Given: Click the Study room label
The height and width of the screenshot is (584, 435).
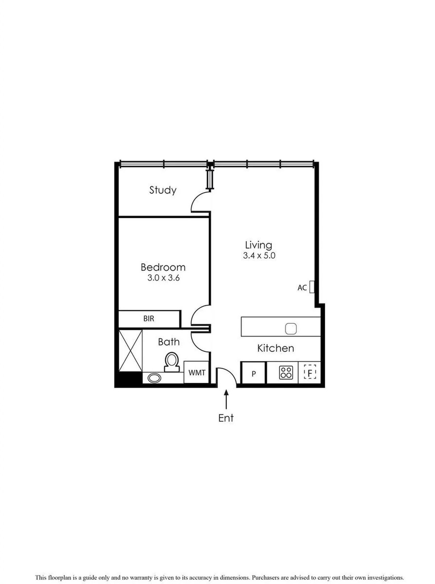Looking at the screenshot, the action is (163, 190).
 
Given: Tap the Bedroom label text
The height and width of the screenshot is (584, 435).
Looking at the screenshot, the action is (163, 267).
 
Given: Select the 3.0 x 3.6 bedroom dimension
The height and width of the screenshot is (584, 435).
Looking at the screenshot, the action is (163, 278).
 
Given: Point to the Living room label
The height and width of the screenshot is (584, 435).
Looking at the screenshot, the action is (258, 245).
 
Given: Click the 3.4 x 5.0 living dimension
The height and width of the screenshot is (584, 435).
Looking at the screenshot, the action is (259, 256).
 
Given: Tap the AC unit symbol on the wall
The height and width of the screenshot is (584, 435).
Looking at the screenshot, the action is (312, 287).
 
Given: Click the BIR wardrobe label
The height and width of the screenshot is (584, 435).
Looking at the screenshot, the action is (149, 319).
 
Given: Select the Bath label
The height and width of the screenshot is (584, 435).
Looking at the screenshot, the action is (169, 342).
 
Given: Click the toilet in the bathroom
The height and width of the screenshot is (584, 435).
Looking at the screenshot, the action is (171, 362).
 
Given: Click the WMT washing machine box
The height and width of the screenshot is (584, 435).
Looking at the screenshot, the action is (196, 373).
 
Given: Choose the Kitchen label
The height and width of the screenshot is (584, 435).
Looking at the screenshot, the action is (275, 348).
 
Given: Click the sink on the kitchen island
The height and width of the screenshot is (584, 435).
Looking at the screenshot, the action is (291, 328).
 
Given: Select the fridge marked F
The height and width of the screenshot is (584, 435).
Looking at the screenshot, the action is (310, 372).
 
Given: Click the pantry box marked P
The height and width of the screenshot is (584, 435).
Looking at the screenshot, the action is (253, 373).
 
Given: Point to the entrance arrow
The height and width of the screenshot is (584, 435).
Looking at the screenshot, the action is (226, 400).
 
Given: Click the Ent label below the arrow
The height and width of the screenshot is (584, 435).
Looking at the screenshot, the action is (226, 418).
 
